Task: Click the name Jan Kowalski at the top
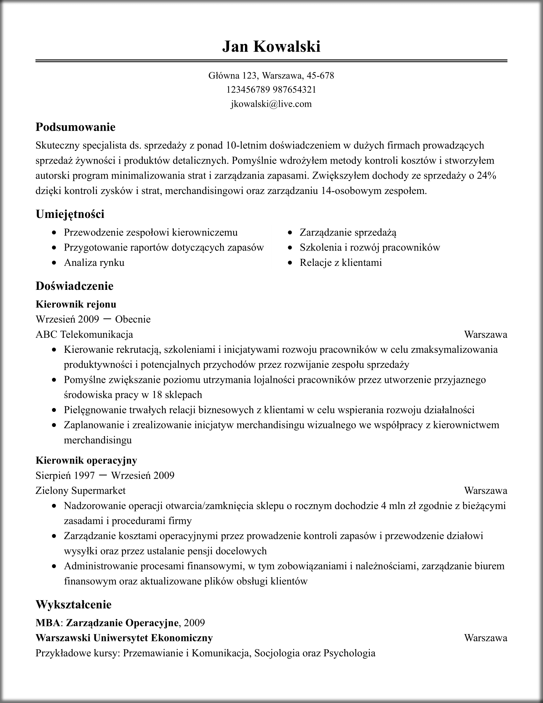coord(271,46)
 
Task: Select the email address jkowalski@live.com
coord(271,104)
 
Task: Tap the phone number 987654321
coord(294,89)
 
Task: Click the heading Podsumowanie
coord(75,127)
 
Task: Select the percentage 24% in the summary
coord(486,176)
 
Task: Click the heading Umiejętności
coord(70,214)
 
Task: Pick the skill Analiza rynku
coord(94,263)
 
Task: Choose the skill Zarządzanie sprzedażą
coord(348,232)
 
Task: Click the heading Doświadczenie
coord(74,286)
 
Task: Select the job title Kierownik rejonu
coord(76,304)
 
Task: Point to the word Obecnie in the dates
coord(133,319)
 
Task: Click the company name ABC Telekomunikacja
coord(84,335)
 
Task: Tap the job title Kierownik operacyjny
coord(86,460)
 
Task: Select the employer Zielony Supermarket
coord(80,491)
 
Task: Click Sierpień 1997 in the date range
coord(65,475)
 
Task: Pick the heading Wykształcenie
coord(73,605)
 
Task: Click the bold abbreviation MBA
coord(48,623)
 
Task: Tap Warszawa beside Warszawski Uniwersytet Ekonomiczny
coord(486,638)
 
